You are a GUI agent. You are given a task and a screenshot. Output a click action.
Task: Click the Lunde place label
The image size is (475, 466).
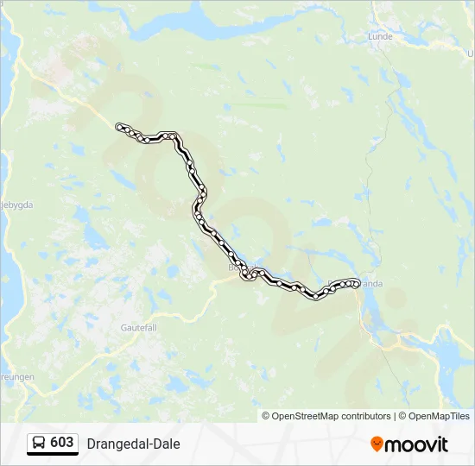point(380,37)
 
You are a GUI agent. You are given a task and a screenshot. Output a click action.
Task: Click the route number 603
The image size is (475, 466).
point(62,443)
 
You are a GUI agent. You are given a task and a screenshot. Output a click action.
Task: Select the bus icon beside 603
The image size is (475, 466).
point(40,444)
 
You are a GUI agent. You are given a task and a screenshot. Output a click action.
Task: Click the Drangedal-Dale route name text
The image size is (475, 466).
point(133,444)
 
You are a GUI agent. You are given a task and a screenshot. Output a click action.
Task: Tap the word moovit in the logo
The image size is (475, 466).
point(417,444)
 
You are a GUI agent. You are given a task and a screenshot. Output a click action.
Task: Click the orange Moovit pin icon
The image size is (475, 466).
point(377,444)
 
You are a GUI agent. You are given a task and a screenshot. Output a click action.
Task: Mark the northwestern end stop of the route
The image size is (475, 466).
point(119,127)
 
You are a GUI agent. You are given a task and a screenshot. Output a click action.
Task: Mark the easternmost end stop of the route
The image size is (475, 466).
point(356,281)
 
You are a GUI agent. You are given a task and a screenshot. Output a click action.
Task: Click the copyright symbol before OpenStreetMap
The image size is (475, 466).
point(266,416)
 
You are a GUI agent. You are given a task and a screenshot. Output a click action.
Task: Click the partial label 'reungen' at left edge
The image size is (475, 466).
point(16,377)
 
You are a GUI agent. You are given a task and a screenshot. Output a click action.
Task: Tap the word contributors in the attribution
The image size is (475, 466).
point(366,416)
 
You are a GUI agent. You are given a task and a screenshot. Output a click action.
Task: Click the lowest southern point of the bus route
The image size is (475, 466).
point(316,298)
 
